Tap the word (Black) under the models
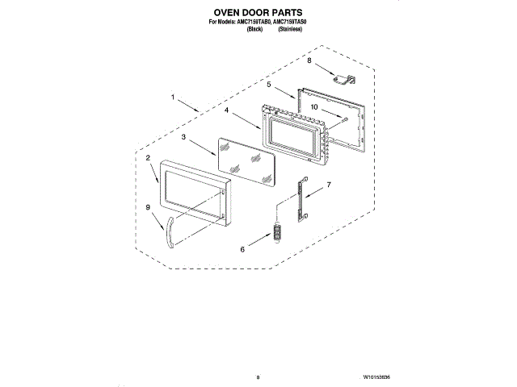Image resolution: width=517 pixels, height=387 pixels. click(254, 29)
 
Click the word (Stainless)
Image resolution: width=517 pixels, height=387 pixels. click(290, 29)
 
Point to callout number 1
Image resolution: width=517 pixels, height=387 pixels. click(172, 98)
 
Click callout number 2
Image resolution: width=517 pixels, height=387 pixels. click(149, 159)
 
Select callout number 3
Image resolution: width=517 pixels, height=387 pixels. click(184, 138)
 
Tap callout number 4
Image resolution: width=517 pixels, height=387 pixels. click(229, 110)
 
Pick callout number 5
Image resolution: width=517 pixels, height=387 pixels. click(269, 83)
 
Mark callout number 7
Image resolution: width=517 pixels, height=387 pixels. click(329, 185)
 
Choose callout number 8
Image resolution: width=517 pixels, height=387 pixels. click(309, 60)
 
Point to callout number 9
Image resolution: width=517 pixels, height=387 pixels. click(148, 207)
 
